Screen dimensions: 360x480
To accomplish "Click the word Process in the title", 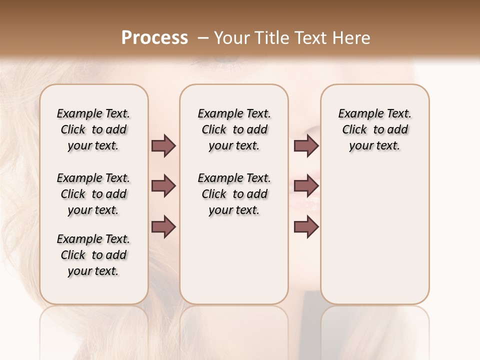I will [x=154, y=38].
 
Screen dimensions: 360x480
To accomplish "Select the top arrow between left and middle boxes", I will [x=163, y=145].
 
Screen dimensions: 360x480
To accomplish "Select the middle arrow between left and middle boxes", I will [x=163, y=186].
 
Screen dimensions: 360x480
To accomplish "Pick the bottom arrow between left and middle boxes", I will [x=163, y=226].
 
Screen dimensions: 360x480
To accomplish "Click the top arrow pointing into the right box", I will [x=306, y=145].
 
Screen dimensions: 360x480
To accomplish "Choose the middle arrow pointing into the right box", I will [x=306, y=186].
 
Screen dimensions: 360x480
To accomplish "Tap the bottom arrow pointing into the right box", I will [x=306, y=226].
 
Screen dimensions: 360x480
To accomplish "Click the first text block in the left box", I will [x=93, y=129].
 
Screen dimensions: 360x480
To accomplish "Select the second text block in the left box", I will [x=93, y=194].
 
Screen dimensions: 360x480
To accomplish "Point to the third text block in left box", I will [x=93, y=255].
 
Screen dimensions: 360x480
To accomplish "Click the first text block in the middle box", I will [x=234, y=129].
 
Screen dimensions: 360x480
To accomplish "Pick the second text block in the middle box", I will [x=234, y=194].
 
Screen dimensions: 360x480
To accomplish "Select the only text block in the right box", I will [x=374, y=129].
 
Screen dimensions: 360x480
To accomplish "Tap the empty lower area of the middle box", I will [x=234, y=260].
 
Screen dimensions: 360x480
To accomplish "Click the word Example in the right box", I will [x=356, y=113].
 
